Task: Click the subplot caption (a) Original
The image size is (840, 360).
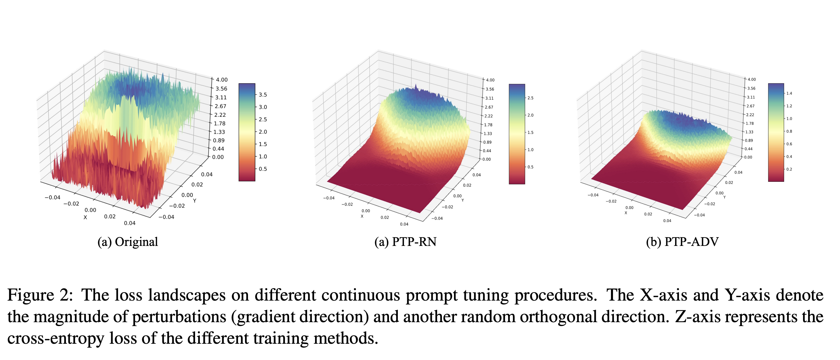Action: (127, 242)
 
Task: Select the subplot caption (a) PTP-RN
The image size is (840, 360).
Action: (405, 242)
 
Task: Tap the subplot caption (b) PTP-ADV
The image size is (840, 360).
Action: (682, 242)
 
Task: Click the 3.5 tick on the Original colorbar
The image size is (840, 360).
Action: (263, 95)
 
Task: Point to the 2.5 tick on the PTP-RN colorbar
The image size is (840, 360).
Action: (531, 98)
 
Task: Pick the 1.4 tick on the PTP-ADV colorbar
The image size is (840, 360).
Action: (789, 93)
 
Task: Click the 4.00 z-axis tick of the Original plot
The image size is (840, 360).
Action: (222, 80)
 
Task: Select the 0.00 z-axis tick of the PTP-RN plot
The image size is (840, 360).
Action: (487, 159)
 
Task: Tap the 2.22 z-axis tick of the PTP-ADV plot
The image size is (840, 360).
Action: (750, 115)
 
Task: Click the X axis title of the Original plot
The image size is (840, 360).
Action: (85, 217)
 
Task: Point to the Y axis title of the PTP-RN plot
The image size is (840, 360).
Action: (462, 200)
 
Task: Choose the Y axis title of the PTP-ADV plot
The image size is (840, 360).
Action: (724, 197)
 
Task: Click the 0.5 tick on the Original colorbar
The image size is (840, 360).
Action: (263, 169)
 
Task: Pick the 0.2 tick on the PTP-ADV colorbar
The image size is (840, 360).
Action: (789, 169)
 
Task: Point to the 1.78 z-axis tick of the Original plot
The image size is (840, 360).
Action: (219, 123)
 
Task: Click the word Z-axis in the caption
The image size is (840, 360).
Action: (697, 317)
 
